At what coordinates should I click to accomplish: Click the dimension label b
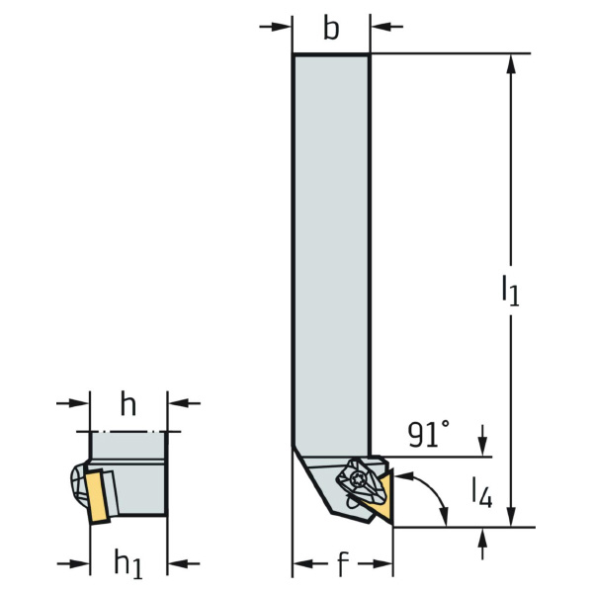pyautogui.click(x=331, y=29)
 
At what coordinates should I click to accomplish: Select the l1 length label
pyautogui.click(x=511, y=290)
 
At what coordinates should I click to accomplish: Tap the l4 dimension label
pyautogui.click(x=482, y=492)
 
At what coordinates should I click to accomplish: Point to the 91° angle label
pyautogui.click(x=429, y=434)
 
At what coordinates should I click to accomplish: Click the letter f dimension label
pyautogui.click(x=342, y=563)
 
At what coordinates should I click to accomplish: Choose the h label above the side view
pyautogui.click(x=128, y=404)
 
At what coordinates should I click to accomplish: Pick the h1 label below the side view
pyautogui.click(x=128, y=564)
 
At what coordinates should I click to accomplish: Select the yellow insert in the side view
pyautogui.click(x=97, y=496)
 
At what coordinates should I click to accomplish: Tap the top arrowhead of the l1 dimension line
pyautogui.click(x=511, y=64)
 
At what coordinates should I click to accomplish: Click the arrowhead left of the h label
pyautogui.click(x=80, y=403)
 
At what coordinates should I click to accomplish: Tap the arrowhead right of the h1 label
pyautogui.click(x=177, y=564)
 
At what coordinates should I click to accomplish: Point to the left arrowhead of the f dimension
pyautogui.click(x=303, y=564)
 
